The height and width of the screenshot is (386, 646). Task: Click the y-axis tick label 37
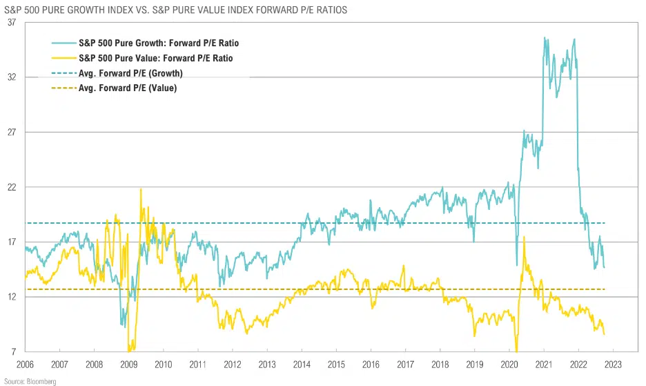(12, 22)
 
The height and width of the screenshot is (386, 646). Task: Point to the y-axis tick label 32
(12, 77)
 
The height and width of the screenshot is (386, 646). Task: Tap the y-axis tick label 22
(12, 187)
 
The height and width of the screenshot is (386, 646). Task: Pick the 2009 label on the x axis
(128, 364)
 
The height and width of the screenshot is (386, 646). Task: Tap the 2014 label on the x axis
(302, 364)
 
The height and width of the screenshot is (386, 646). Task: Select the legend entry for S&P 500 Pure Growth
(159, 44)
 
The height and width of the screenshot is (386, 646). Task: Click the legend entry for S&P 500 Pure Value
(156, 59)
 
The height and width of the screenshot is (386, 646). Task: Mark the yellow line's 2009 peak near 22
(141, 189)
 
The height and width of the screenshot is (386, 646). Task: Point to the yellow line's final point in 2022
(605, 335)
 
